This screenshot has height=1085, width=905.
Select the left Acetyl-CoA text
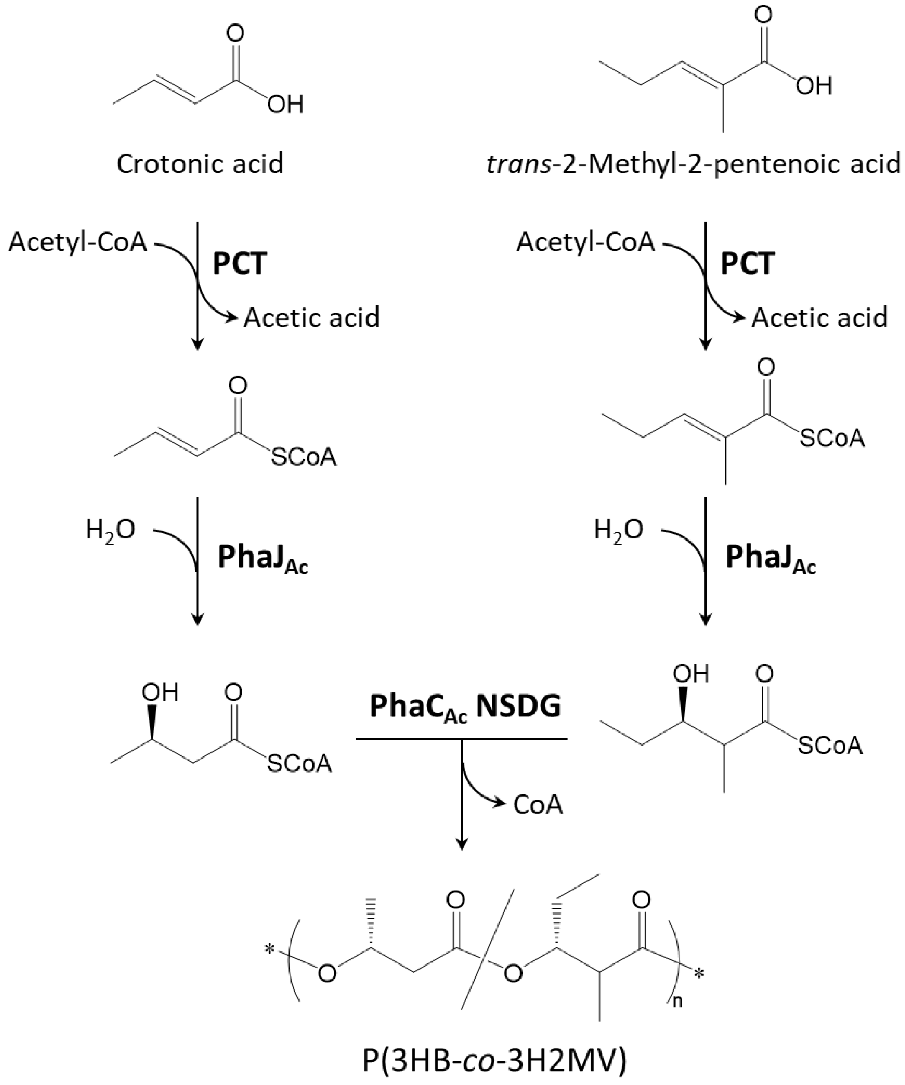(x=78, y=242)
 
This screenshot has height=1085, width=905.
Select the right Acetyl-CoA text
(x=586, y=242)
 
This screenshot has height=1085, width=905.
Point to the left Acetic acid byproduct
(x=311, y=317)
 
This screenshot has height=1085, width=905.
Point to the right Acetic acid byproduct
(x=819, y=317)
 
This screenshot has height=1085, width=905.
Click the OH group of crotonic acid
(x=285, y=105)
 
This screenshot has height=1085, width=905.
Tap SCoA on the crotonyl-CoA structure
(x=303, y=457)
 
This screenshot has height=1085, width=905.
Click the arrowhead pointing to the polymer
(x=462, y=845)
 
